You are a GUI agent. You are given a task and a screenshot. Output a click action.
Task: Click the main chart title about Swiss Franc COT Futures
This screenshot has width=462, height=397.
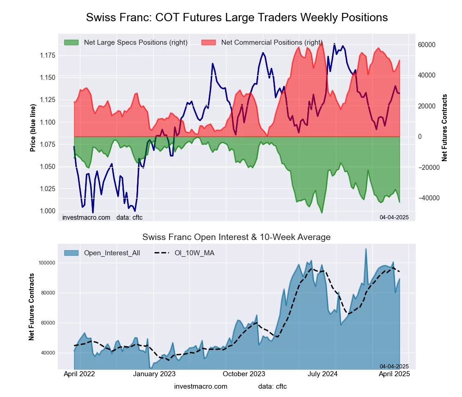237,18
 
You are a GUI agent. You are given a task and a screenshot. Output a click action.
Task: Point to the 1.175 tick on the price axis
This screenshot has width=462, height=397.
47,56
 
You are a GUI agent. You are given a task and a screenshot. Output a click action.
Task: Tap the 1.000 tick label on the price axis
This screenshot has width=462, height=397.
47,211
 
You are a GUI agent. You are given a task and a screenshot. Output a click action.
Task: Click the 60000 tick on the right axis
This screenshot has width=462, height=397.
427,45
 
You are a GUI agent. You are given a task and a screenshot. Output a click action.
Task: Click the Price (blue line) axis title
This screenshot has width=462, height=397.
33,128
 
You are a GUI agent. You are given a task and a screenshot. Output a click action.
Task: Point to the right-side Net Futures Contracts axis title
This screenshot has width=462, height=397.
444,128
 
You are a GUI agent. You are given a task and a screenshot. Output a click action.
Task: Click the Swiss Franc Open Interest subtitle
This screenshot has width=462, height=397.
236,237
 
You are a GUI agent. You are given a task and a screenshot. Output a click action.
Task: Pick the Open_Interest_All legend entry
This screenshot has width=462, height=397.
112,253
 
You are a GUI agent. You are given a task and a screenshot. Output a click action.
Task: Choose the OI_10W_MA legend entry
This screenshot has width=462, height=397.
195,253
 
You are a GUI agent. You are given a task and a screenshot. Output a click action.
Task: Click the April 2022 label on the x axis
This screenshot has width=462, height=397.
79,374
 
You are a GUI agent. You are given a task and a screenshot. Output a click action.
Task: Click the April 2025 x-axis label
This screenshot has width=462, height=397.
395,374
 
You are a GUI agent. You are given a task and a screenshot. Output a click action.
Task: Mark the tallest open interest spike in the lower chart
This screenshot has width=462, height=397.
366,249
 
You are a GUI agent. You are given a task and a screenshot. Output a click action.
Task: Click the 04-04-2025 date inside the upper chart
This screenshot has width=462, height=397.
394,217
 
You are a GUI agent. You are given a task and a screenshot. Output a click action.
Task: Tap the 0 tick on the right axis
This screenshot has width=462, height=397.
420,137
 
